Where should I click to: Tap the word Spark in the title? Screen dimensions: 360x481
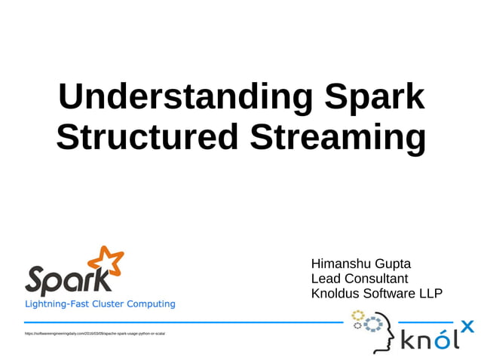coord(374,97)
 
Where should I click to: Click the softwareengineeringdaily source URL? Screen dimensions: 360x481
coord(95,332)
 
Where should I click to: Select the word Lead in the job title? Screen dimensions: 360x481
coord(326,279)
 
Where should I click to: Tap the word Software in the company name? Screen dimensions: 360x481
coord(394,293)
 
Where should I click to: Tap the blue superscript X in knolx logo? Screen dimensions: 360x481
coord(467,326)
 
